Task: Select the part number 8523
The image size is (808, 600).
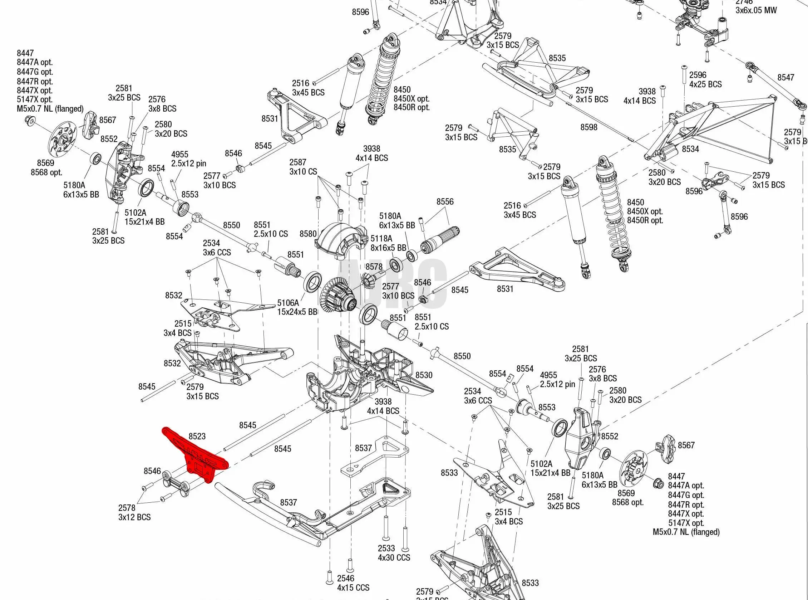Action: pos(197,436)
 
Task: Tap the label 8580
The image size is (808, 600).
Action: pos(308,234)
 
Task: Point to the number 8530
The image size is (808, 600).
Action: pos(424,375)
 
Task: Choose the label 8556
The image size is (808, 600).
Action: pos(445,201)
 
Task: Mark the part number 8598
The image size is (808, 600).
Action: pos(589,127)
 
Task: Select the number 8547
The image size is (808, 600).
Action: pos(786,77)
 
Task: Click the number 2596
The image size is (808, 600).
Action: pos(698,75)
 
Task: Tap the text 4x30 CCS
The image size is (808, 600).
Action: pos(394,557)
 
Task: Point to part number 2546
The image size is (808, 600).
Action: pos(346,578)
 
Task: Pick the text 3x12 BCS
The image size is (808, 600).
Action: pos(134,517)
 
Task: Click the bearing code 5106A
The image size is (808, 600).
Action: pos(288,303)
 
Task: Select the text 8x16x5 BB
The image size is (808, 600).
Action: pos(388,248)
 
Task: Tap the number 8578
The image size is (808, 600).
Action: pos(374,267)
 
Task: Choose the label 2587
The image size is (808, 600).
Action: pos(298,162)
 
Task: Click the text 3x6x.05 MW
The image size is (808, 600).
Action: pos(756,10)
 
